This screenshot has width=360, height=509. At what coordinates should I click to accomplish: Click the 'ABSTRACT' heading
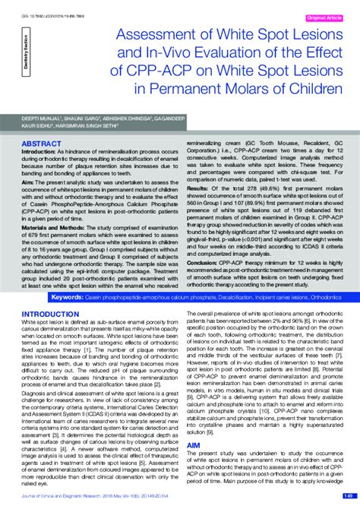pyautogui.click(x=43, y=143)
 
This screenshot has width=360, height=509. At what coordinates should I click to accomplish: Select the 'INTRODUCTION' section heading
pyautogui.click(x=54, y=292)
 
